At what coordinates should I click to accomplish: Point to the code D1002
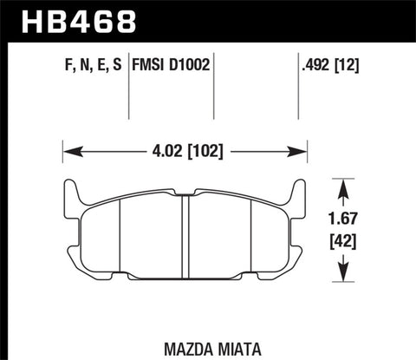coord(192,64)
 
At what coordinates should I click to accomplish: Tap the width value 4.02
coord(166,152)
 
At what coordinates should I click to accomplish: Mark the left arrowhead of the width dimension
coord(69,152)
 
